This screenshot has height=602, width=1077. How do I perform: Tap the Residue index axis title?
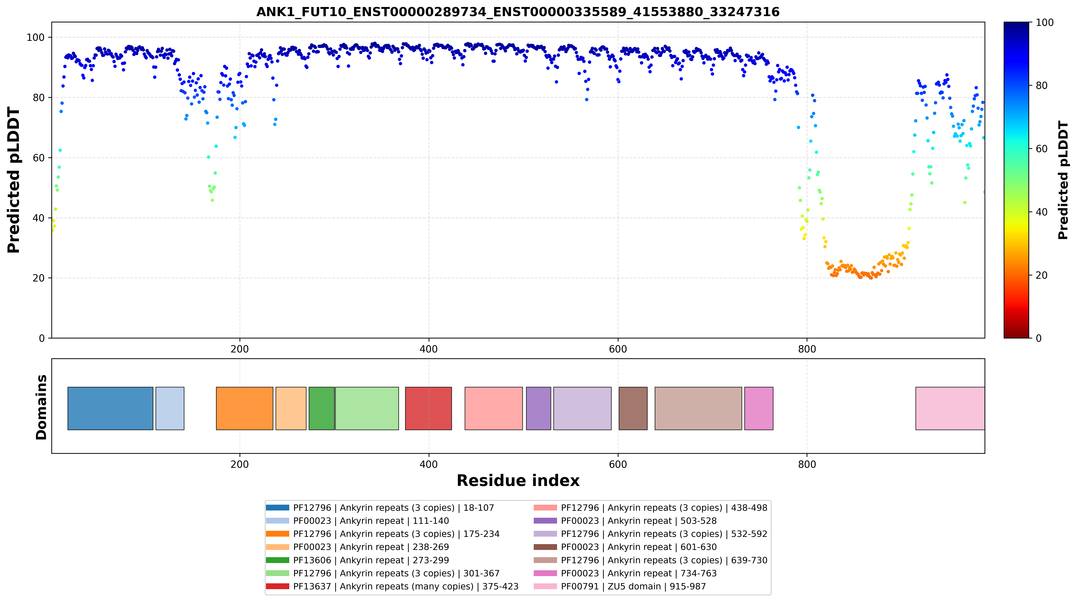(518, 481)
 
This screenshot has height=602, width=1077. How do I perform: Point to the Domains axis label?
(41, 407)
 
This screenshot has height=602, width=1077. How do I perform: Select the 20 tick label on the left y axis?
(39, 278)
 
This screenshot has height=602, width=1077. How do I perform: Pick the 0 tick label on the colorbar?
(1038, 338)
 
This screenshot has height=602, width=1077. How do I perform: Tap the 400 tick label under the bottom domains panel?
(429, 465)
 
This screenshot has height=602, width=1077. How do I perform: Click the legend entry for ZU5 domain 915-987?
(620, 587)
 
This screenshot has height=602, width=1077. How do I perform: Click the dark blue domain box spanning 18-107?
(110, 408)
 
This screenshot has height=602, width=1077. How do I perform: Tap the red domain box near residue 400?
(429, 408)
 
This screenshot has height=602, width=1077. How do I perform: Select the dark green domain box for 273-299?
(321, 408)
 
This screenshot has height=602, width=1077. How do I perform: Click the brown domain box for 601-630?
(633, 408)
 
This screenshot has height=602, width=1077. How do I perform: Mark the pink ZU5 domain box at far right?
(950, 408)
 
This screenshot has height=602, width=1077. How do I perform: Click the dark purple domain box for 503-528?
(538, 408)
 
